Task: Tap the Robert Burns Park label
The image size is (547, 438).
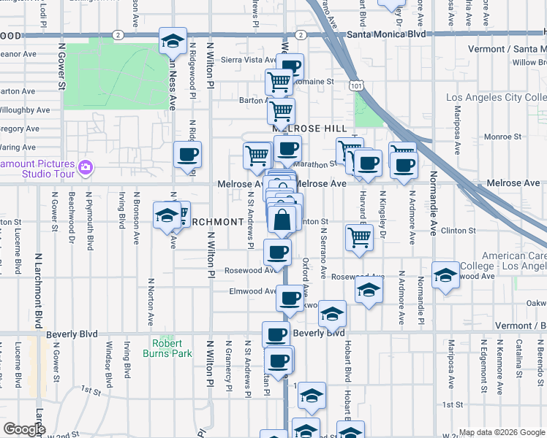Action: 172,348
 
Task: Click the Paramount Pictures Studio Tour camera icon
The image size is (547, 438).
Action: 86,168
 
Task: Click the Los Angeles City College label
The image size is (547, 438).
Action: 497,98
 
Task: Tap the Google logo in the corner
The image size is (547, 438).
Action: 24,429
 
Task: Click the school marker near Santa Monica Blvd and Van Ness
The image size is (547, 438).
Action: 173,42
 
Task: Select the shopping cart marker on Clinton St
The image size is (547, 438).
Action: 359,237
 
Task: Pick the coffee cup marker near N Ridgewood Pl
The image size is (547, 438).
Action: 188,154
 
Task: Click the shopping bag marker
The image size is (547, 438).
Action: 282,218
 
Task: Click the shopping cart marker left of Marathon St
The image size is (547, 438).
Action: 257,155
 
